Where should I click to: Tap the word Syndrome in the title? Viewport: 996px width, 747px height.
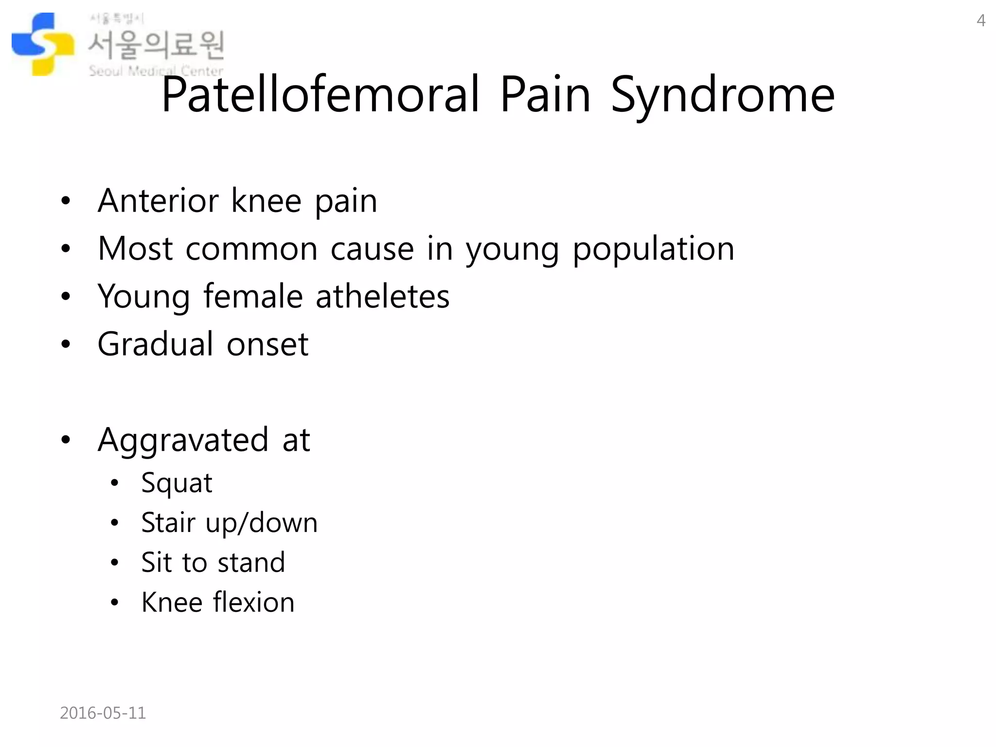[x=723, y=95]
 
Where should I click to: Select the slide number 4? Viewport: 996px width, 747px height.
[x=981, y=20]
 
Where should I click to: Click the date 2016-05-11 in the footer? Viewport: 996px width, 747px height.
[x=103, y=713]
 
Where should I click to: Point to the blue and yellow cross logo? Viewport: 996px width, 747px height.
[x=43, y=44]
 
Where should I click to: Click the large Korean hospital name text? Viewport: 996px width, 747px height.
[x=156, y=45]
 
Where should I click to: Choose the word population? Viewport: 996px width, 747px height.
[x=653, y=249]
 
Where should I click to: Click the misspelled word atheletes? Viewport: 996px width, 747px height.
[x=382, y=296]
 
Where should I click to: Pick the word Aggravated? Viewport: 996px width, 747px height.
[x=183, y=440]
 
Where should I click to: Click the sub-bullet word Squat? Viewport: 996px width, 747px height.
[x=177, y=483]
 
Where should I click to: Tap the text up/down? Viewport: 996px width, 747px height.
[x=261, y=523]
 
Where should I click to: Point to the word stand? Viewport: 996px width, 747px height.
[x=251, y=563]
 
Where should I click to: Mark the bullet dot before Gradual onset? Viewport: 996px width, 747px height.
[x=66, y=344]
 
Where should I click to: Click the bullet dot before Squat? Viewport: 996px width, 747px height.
[x=114, y=483]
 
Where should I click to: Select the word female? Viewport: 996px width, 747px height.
[x=253, y=296]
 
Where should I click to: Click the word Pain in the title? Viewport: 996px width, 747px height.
[x=545, y=95]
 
